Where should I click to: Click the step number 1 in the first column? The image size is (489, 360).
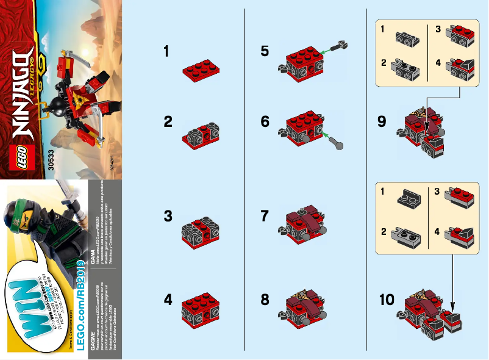[166, 52]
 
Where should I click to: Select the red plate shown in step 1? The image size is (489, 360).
[201, 72]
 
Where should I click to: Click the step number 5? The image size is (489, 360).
[265, 51]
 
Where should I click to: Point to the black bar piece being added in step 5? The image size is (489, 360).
[339, 46]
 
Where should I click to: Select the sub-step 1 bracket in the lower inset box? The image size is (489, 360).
[407, 196]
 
